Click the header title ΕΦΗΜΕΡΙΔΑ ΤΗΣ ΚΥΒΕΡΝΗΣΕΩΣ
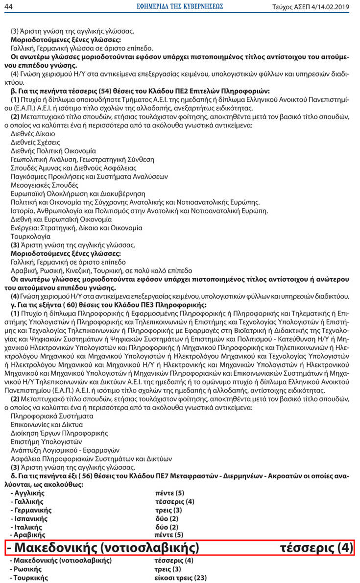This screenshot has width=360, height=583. tap(179, 6)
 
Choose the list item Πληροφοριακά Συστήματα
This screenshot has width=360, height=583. tap(45, 415)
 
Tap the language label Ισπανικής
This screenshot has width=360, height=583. tap(30, 518)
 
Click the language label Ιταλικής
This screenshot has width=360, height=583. tap(29, 527)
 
